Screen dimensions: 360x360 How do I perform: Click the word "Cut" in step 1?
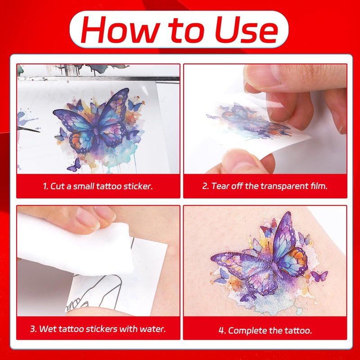click(58, 186)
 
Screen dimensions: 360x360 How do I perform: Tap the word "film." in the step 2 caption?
click(319, 186)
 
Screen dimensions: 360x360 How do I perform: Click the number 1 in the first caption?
click(45, 186)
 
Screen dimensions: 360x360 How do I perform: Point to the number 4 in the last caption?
click(221, 331)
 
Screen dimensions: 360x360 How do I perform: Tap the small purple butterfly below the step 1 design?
click(74, 165)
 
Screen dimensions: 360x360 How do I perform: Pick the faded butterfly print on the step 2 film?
click(250, 121)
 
